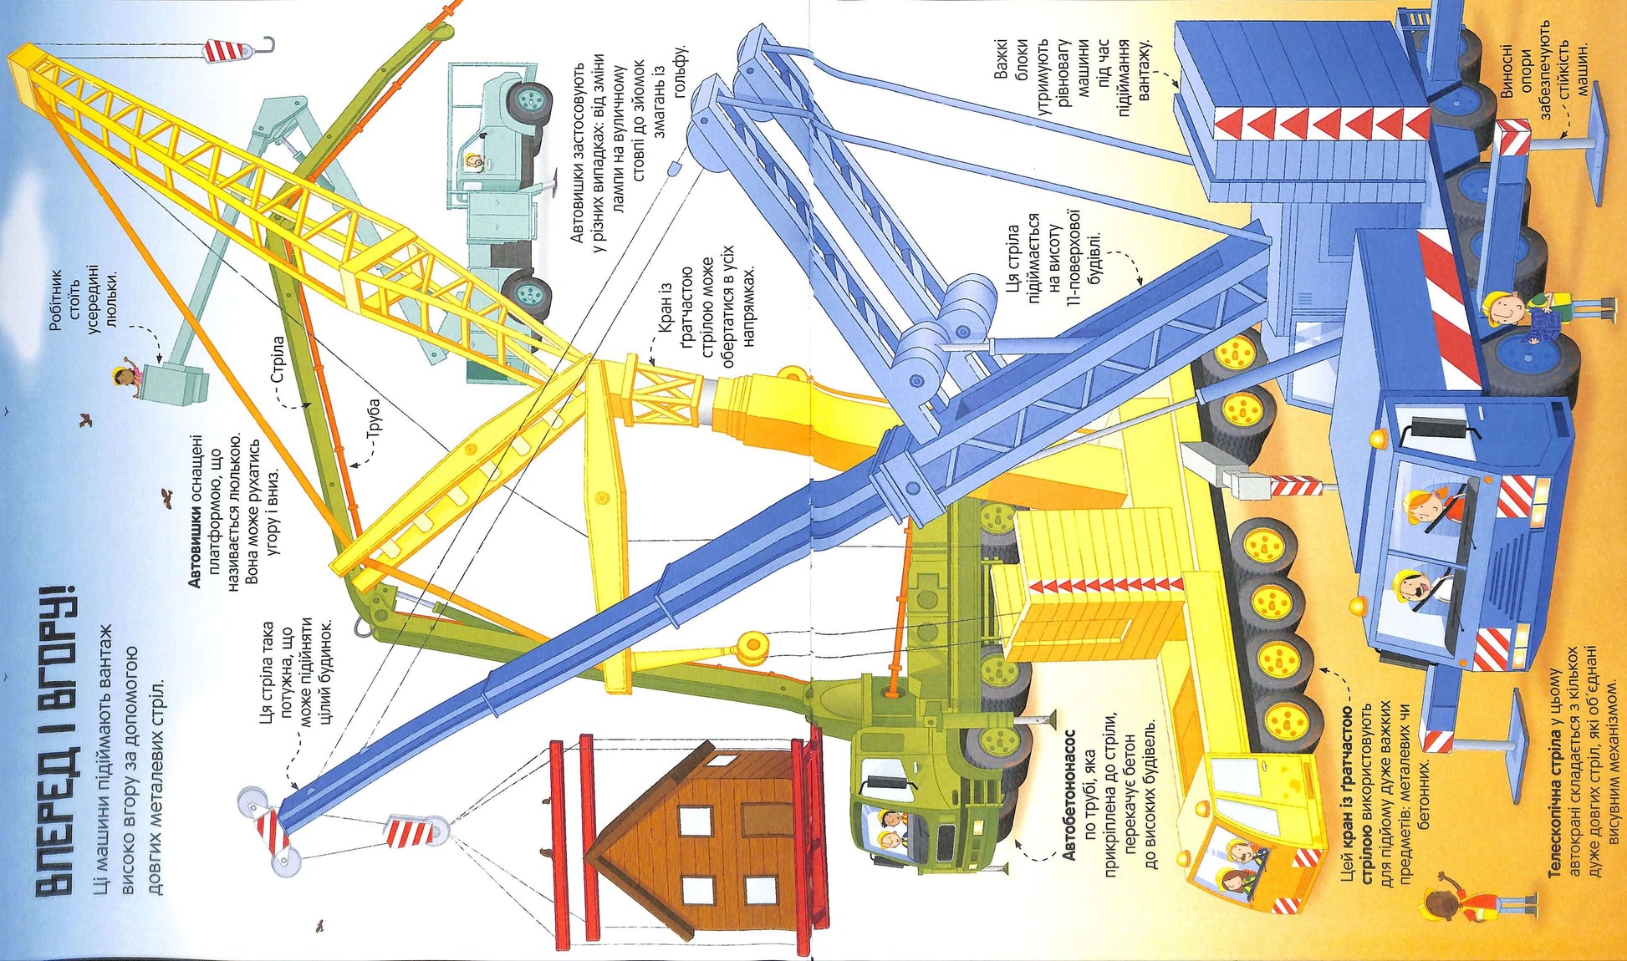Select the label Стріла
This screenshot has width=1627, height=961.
[x=278, y=358]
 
